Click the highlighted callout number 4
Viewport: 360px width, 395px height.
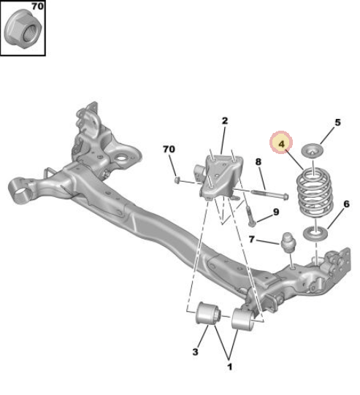coord(281,144)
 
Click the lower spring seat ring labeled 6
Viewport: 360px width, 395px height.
coord(315,234)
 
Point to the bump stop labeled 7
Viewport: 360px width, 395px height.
coord(288,243)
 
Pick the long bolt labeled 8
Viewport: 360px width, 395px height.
coord(269,194)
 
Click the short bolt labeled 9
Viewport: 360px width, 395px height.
coord(250,216)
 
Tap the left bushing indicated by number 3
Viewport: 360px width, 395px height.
coord(208,313)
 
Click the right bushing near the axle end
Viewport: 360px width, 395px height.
coord(243,318)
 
